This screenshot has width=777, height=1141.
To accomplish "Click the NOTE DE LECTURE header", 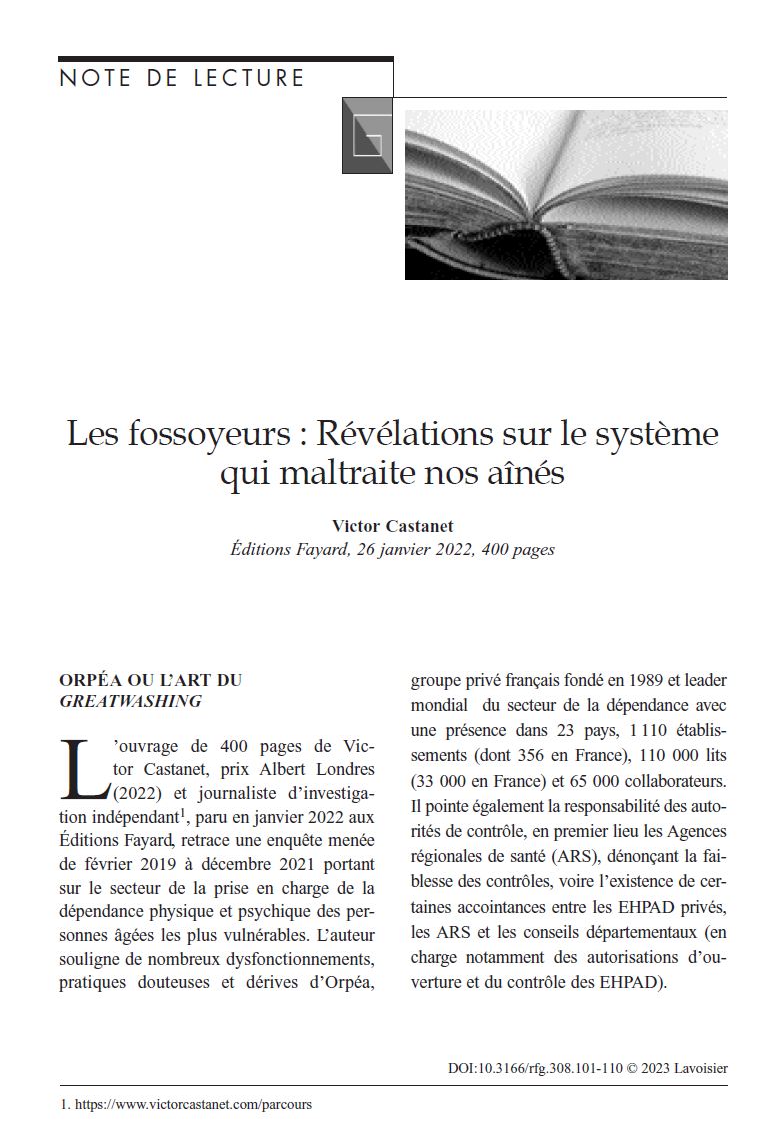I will tap(182, 79).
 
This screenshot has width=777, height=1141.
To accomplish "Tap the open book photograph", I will tap(566, 194).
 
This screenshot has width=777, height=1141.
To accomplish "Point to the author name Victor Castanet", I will tap(392, 526).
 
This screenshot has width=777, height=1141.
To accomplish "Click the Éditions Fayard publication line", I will tap(392, 549).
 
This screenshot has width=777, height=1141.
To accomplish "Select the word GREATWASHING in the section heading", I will tap(130, 702).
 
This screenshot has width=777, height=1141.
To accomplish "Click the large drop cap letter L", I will tap(83, 769).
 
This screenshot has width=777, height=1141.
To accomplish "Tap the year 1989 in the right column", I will tap(628, 681).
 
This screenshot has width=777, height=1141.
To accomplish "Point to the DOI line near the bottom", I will tap(587, 1068).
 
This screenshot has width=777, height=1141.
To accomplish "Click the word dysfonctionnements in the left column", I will tap(289, 961).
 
